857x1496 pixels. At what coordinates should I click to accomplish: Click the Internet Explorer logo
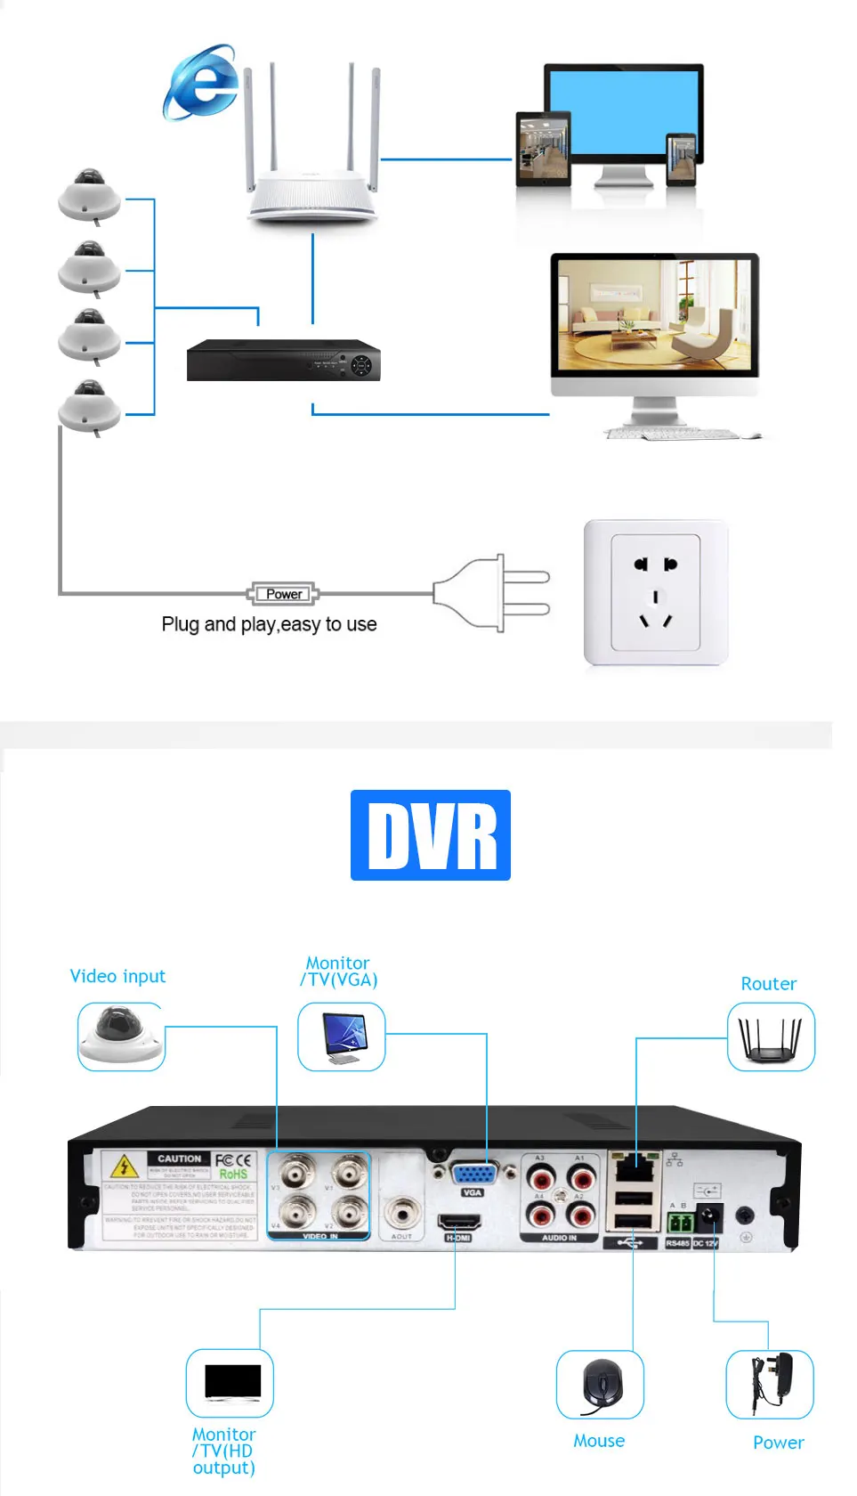[x=202, y=82]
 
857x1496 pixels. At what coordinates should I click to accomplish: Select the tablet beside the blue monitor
[x=543, y=149]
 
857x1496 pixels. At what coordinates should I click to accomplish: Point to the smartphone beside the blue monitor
[x=682, y=159]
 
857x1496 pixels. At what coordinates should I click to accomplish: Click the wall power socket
[x=656, y=593]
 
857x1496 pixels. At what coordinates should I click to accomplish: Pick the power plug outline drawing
[x=491, y=593]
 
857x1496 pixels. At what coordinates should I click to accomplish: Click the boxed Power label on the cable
[x=284, y=594]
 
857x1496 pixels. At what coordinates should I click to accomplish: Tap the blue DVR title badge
[x=431, y=835]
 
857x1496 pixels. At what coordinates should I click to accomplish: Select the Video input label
[x=117, y=976]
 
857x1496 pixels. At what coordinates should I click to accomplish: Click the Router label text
[x=768, y=984]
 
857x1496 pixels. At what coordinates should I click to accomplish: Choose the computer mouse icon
[x=601, y=1385]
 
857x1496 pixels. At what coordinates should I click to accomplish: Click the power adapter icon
[x=770, y=1384]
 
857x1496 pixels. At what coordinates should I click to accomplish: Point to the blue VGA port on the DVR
[x=473, y=1174]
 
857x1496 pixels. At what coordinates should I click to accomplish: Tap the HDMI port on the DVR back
[x=458, y=1223]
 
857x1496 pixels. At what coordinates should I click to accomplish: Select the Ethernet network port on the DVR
[x=633, y=1166]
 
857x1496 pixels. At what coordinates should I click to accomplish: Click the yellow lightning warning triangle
[x=124, y=1166]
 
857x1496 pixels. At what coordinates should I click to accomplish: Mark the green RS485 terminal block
[x=679, y=1221]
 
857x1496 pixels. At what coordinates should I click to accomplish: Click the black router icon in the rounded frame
[x=771, y=1037]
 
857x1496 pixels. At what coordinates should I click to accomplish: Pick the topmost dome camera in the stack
[x=89, y=194]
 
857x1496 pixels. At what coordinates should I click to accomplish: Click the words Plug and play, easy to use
[x=269, y=624]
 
